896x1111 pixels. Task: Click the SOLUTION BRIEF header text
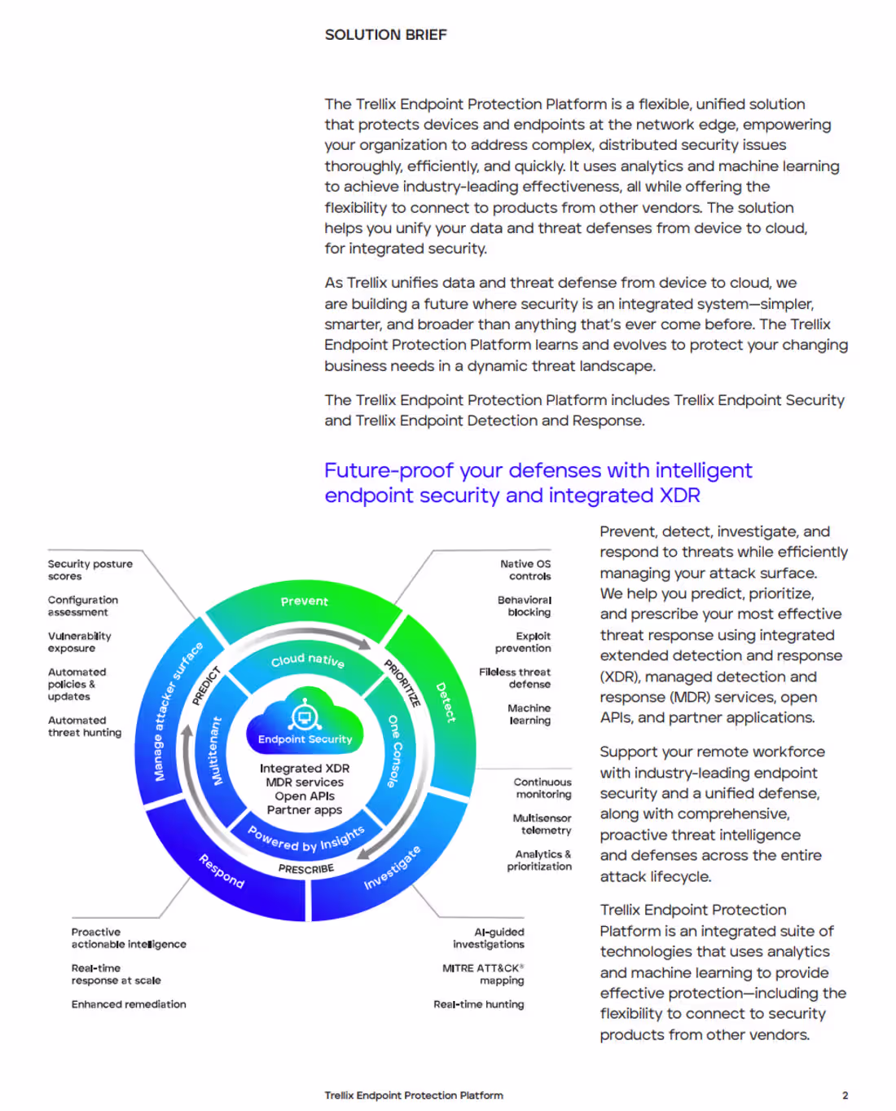pos(385,35)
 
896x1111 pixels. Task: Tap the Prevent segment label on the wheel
pos(305,601)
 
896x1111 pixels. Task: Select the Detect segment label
pos(446,702)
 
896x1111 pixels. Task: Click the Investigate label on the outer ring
pos(392,867)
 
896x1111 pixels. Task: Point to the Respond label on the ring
pos(222,871)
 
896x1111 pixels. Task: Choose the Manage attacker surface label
pos(178,712)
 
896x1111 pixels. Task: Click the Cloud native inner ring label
pos(308,660)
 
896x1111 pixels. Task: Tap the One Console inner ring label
pos(394,751)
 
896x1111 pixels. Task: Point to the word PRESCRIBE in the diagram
pos(306,869)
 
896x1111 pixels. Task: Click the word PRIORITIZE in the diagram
pos(402,683)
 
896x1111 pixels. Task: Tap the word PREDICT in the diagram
pos(206,686)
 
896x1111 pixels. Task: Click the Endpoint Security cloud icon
pos(305,721)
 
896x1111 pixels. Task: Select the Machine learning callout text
pos(529,714)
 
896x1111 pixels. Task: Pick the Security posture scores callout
pos(90,570)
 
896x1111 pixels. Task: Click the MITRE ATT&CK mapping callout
pos(483,974)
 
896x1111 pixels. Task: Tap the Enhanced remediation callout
pos(129,1004)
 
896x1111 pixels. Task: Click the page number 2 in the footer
pos(845,1096)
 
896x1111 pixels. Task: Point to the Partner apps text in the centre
pos(305,809)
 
